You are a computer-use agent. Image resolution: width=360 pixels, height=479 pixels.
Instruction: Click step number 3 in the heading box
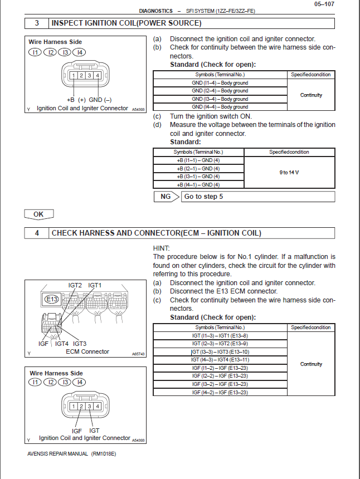point(37,23)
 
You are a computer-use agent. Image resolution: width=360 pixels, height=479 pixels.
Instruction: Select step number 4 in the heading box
point(37,233)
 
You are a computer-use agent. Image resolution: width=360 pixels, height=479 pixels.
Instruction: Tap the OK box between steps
point(38,214)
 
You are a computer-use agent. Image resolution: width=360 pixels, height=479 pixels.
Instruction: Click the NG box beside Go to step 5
point(166,197)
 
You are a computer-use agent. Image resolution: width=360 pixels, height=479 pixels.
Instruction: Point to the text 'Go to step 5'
point(203,197)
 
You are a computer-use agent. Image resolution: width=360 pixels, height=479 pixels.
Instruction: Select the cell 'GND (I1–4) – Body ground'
point(220,83)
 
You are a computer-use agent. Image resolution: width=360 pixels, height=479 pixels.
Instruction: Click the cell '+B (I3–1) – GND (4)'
point(198,177)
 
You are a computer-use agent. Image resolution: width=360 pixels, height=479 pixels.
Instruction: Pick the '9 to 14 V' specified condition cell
point(289,172)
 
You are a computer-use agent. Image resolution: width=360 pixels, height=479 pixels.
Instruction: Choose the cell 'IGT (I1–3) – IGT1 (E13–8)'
point(220,336)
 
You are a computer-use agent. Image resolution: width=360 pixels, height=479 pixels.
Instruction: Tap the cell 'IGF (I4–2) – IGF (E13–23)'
point(220,392)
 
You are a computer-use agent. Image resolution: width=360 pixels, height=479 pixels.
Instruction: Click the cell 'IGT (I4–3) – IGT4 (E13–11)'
point(220,360)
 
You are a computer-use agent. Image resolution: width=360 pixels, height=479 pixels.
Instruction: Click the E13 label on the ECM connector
point(51,300)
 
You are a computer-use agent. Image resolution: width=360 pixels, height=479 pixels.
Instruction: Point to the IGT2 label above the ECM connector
point(75,286)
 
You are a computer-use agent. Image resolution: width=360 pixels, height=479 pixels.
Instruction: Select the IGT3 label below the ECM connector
point(79,344)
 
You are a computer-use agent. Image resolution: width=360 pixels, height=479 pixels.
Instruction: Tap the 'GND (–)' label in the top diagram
point(100,99)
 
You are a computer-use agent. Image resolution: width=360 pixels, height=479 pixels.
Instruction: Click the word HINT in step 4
point(161,248)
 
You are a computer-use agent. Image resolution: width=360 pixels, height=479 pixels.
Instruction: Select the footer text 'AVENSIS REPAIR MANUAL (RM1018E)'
point(71,453)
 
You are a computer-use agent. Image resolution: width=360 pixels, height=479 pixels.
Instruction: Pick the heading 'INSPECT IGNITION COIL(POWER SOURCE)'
point(126,23)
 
